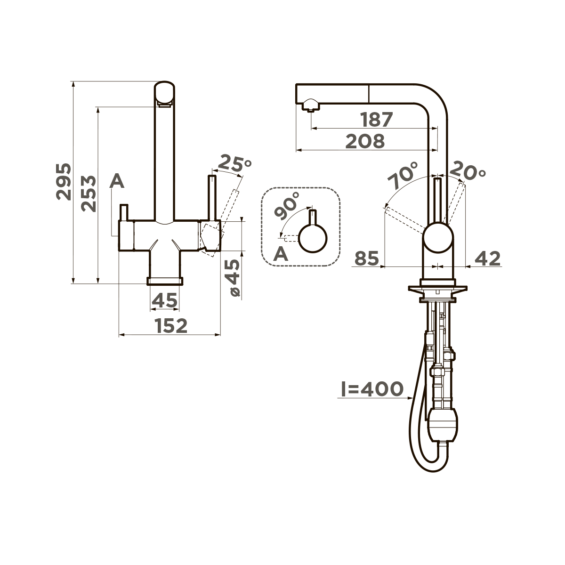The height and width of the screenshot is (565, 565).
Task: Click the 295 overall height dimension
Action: [x=64, y=182]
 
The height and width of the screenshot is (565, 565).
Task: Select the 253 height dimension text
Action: [x=89, y=194]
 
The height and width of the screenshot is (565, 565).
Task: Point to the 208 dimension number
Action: [x=365, y=141]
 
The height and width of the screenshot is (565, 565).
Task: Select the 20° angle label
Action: [x=467, y=170]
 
